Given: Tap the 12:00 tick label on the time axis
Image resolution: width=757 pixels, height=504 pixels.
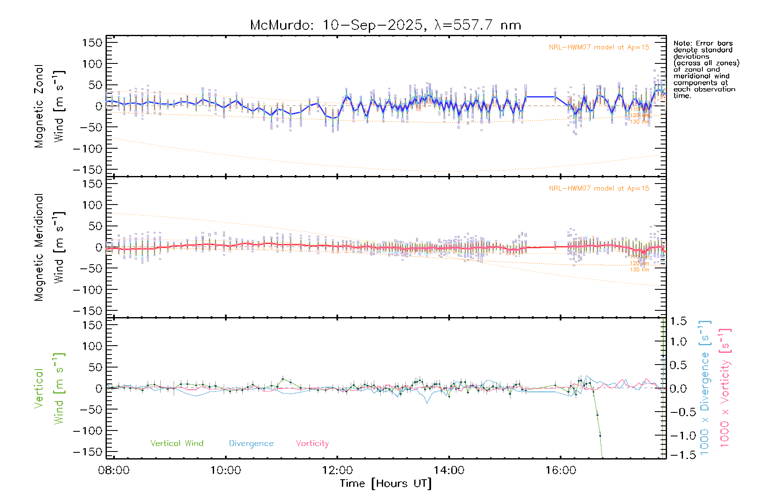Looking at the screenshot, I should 337,470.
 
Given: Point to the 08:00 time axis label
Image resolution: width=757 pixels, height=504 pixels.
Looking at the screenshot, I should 114,470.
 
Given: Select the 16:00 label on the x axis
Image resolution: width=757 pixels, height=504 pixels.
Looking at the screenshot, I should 561,470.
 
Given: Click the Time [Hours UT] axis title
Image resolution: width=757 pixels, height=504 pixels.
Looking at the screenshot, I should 386,483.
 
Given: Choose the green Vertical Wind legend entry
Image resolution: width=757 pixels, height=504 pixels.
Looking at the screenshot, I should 177,443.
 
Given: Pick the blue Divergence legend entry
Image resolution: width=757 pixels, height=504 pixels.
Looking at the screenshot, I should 251,443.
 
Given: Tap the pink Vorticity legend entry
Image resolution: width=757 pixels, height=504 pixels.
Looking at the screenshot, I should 312,443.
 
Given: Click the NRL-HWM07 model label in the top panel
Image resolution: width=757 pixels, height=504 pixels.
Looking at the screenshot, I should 599,47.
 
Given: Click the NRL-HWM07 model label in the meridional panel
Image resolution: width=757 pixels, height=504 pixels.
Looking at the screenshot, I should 599,189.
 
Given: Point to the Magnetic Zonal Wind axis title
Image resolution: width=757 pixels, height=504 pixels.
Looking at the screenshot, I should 50,106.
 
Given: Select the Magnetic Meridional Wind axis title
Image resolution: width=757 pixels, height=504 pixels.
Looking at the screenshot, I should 50,247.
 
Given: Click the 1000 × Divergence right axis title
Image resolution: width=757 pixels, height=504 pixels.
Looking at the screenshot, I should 705,388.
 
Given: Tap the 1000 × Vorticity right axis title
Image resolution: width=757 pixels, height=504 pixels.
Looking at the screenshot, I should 725,388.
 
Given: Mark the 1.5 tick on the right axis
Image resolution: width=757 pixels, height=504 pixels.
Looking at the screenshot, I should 678,321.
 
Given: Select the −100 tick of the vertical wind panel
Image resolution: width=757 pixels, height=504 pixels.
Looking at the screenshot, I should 88,431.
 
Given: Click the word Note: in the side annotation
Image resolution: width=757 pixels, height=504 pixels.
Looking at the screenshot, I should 683,43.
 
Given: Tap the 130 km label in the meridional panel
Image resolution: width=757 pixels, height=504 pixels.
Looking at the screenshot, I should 639,270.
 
